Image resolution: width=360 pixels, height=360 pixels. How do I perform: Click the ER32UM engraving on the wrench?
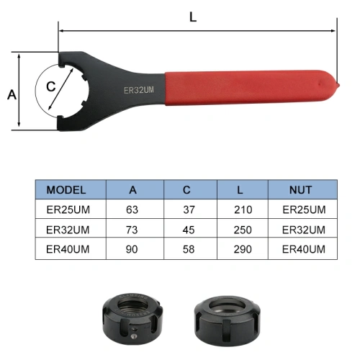click(x=139, y=90)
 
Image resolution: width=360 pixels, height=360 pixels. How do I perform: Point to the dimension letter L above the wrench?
click(x=193, y=17)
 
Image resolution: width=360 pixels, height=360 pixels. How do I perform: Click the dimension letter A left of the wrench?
click(x=12, y=94)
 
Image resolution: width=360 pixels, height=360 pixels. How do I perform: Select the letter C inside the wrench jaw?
click(x=51, y=86)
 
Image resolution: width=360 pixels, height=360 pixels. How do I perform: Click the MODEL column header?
click(x=66, y=190)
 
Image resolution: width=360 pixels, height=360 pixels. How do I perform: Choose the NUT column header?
click(x=300, y=190)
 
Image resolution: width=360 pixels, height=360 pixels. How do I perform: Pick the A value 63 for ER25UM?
click(x=132, y=210)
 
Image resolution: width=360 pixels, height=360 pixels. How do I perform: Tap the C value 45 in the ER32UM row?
click(x=189, y=230)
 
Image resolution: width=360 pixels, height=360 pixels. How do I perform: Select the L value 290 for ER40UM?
click(x=243, y=249)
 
